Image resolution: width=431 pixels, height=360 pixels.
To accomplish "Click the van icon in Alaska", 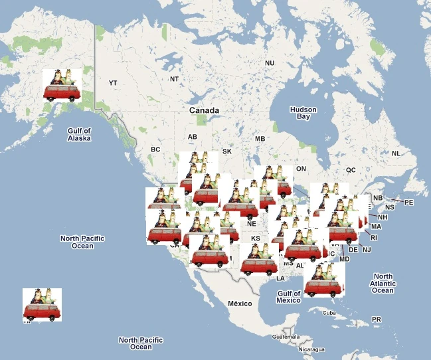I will (x=60, y=86).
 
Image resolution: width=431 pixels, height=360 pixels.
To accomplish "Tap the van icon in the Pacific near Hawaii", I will (x=42, y=305).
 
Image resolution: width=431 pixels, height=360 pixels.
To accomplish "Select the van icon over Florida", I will (x=324, y=280).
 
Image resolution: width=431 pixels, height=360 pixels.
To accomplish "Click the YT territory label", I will (x=113, y=83).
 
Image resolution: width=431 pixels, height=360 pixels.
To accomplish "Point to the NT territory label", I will (x=175, y=79).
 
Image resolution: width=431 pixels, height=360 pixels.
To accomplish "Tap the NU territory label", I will (x=270, y=63).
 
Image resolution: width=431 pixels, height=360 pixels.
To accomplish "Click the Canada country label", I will (x=204, y=110).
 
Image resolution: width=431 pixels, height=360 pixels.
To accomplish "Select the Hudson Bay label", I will (x=303, y=113).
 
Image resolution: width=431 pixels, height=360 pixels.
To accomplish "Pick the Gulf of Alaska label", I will (x=79, y=135).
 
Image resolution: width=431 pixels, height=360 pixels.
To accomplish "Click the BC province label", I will (x=155, y=149).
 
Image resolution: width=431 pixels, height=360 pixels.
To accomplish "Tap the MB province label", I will (x=260, y=139).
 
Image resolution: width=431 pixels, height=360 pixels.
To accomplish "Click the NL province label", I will (x=396, y=153).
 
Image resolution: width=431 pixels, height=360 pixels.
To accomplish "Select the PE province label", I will (x=408, y=202).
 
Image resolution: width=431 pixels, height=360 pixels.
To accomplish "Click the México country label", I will (x=240, y=304).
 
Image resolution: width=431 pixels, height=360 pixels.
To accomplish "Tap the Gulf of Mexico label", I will (x=290, y=297).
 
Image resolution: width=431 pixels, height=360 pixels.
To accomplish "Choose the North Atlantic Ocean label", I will (x=383, y=283).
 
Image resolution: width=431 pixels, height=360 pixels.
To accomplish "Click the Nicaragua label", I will (x=311, y=349).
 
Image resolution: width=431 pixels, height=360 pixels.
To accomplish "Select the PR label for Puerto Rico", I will (x=377, y=319).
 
